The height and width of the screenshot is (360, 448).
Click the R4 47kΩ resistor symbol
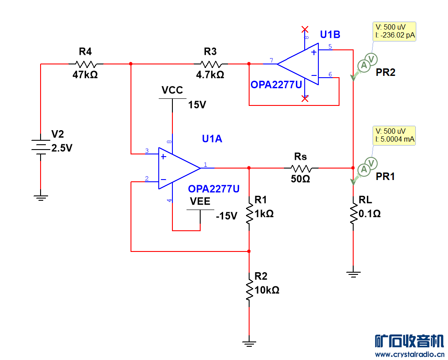tap(85, 64)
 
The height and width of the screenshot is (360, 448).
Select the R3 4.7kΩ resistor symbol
tap(210, 64)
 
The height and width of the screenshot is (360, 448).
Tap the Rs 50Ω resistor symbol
tap(301, 168)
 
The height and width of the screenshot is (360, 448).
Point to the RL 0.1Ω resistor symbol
tap(353, 214)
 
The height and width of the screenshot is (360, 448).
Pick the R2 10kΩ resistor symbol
tap(249, 289)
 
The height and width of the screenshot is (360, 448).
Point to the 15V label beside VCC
tap(197, 105)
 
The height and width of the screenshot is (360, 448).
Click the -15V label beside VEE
tap(227, 216)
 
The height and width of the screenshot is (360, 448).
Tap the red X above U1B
tap(305, 30)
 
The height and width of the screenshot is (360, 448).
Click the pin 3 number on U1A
tap(147, 151)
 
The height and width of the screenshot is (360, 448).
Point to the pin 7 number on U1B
tap(271, 60)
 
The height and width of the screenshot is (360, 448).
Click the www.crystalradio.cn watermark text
tap(409, 354)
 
